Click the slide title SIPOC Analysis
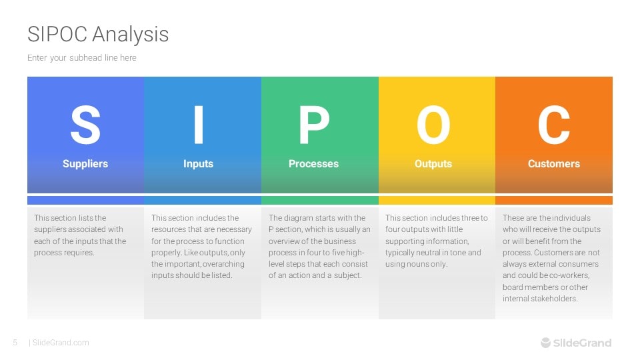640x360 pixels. pos(98,35)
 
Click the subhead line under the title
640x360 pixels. pos(82,58)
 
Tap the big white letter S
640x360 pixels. pos(85,125)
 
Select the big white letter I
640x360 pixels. pos(199,125)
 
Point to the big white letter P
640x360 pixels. pos(313,125)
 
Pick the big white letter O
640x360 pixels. pos(433,125)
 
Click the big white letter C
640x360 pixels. pos(554,125)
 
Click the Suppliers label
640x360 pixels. pos(85,164)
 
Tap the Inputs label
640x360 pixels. pos(199,164)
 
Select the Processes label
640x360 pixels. pos(313,164)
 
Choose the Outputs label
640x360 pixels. pos(433,164)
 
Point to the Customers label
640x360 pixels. pos(554,164)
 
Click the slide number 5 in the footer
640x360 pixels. pos(15,343)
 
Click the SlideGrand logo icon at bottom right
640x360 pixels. pos(546,343)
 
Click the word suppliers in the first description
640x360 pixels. pos(50,229)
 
